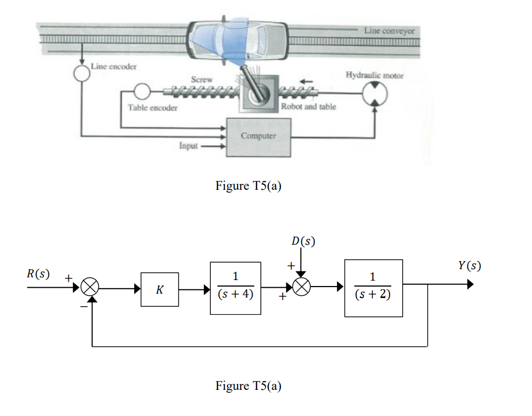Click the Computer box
click(x=258, y=136)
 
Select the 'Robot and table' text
click(x=308, y=107)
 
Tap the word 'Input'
click(x=188, y=146)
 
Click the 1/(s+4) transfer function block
click(x=235, y=288)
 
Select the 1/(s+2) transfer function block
click(x=373, y=288)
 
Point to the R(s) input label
click(x=39, y=274)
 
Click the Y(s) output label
click(x=469, y=266)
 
